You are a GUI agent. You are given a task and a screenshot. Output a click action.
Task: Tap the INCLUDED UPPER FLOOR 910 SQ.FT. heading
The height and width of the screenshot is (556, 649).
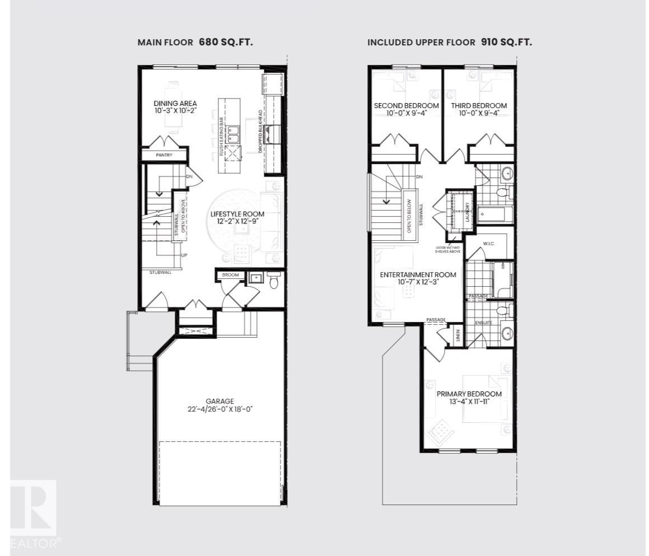coord(449,42)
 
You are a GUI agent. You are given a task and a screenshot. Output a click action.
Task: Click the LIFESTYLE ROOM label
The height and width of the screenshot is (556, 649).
coord(237,214)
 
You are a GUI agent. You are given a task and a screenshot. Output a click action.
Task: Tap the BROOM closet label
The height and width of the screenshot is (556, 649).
coord(230,275)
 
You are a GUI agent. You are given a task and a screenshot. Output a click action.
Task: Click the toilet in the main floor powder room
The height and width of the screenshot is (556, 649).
coord(273,281)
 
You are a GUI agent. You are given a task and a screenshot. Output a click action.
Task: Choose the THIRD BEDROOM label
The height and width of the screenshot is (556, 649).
coord(479,106)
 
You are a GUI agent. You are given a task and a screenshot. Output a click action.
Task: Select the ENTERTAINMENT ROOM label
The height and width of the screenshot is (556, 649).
coord(418,275)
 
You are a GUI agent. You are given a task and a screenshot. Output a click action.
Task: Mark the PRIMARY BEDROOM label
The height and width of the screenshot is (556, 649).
coord(469,394)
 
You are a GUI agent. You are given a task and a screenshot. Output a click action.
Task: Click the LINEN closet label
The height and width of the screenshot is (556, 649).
coord(458,335)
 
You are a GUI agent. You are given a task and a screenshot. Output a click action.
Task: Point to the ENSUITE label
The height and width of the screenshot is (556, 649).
coord(484,323)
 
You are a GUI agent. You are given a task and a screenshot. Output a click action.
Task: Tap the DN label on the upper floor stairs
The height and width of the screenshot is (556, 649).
coord(419,177)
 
